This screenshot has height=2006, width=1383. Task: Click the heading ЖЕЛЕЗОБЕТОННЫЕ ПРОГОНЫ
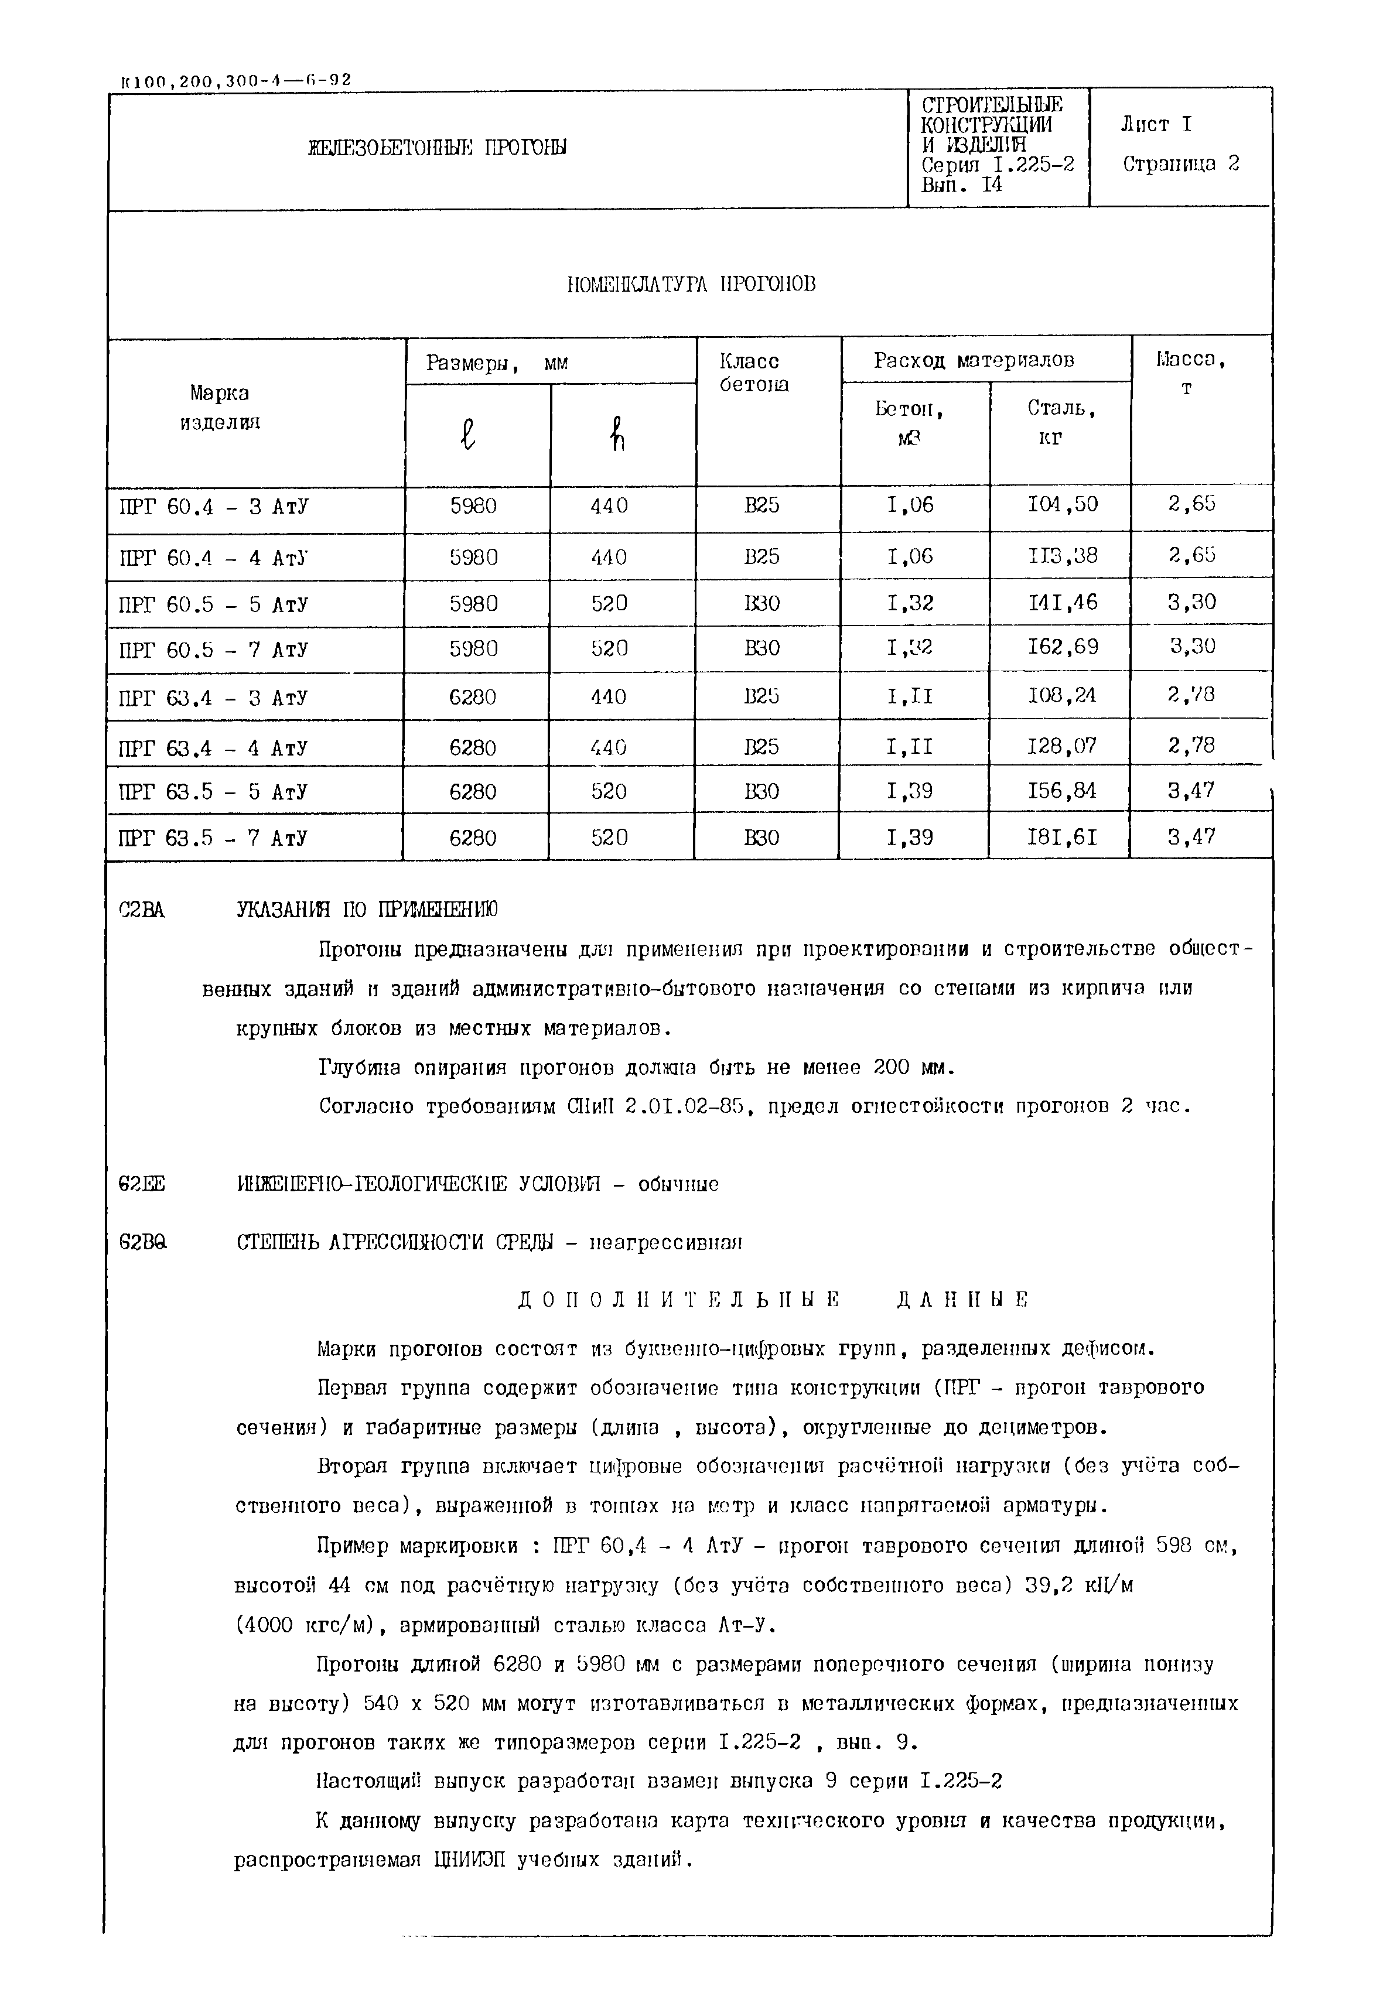tap(437, 148)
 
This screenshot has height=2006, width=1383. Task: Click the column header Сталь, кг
tap(1061, 422)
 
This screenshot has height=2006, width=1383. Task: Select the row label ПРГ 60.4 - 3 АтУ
tap(213, 506)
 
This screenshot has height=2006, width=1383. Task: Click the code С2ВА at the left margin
tap(141, 910)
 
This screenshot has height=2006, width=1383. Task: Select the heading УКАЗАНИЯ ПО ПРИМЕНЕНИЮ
tap(367, 910)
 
